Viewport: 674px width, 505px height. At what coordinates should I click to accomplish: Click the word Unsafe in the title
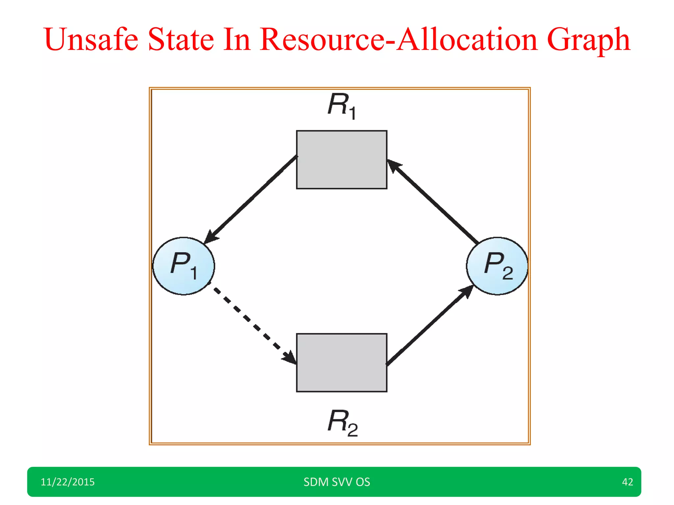tap(91, 39)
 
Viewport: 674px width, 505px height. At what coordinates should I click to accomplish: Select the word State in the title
tap(181, 39)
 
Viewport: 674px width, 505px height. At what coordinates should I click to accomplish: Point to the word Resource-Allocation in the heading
tap(399, 39)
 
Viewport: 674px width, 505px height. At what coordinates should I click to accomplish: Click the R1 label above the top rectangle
tap(342, 106)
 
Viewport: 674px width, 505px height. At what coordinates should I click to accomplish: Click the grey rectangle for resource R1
tap(342, 160)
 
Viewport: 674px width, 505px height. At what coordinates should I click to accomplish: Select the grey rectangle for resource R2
tap(342, 363)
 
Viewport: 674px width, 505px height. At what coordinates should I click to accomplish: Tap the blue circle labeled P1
tap(184, 266)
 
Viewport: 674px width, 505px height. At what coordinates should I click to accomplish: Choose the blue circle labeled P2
tap(497, 266)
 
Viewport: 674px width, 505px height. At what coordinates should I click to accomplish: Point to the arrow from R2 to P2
tap(429, 325)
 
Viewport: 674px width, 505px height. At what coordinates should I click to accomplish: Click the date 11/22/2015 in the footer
tap(67, 482)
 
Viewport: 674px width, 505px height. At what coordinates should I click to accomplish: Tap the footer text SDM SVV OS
tap(337, 482)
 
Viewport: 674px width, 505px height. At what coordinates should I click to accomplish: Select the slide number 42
tap(627, 482)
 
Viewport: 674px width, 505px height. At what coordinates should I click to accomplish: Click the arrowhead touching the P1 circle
tap(211, 237)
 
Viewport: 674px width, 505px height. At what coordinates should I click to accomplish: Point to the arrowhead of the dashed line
tap(290, 358)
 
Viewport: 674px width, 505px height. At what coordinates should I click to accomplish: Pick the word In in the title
tap(237, 39)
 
